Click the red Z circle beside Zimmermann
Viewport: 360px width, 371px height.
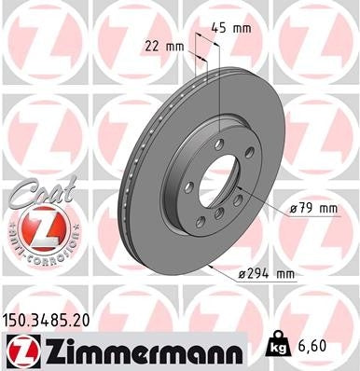click(20, 349)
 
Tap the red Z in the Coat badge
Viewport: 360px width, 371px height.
click(35, 227)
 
